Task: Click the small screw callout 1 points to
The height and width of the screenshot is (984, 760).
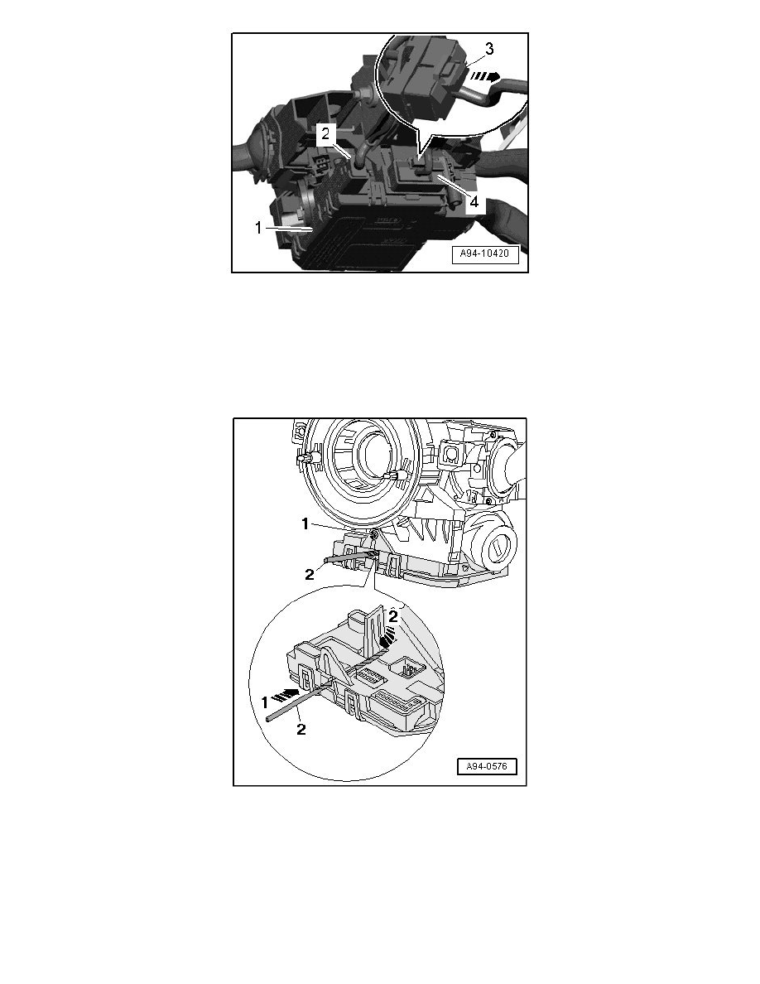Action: [375, 537]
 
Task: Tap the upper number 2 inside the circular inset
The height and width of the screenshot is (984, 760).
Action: [394, 615]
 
